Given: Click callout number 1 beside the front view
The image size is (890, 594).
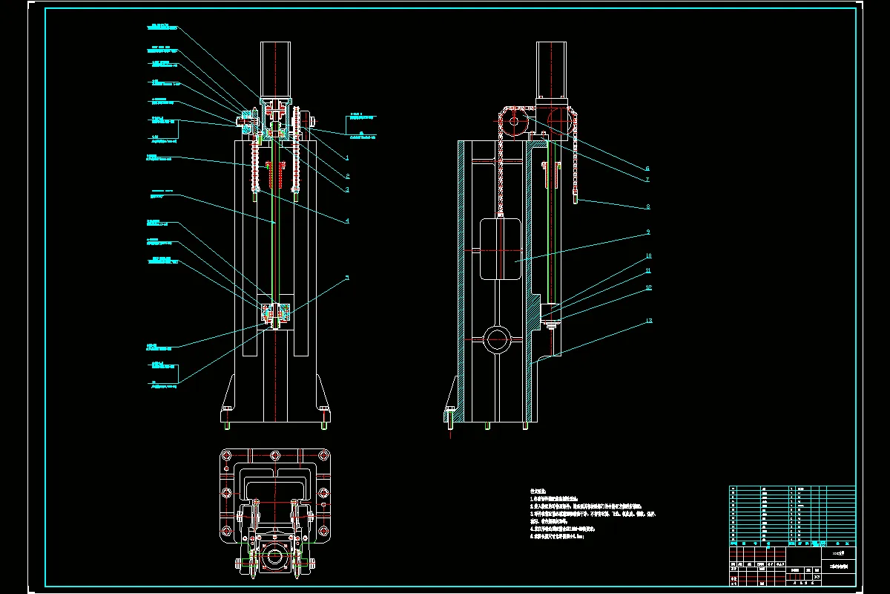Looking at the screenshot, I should [347, 157].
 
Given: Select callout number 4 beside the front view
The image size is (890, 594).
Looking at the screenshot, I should [347, 221].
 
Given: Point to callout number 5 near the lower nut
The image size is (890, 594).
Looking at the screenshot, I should [347, 278].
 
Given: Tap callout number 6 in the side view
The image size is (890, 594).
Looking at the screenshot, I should [647, 169].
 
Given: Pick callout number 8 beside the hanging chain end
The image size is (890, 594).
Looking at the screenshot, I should [647, 206].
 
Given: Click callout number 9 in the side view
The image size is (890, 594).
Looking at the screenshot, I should [647, 232].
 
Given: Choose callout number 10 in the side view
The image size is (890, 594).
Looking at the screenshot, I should [648, 257].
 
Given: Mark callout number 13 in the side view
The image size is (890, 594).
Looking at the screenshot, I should [649, 321].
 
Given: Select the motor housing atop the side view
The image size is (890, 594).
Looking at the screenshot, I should [553, 71].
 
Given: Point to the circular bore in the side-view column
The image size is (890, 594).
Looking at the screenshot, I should [497, 341].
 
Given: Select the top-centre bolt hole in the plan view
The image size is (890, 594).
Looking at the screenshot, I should [275, 455].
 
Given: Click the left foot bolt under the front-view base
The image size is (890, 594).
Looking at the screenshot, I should [226, 425].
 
